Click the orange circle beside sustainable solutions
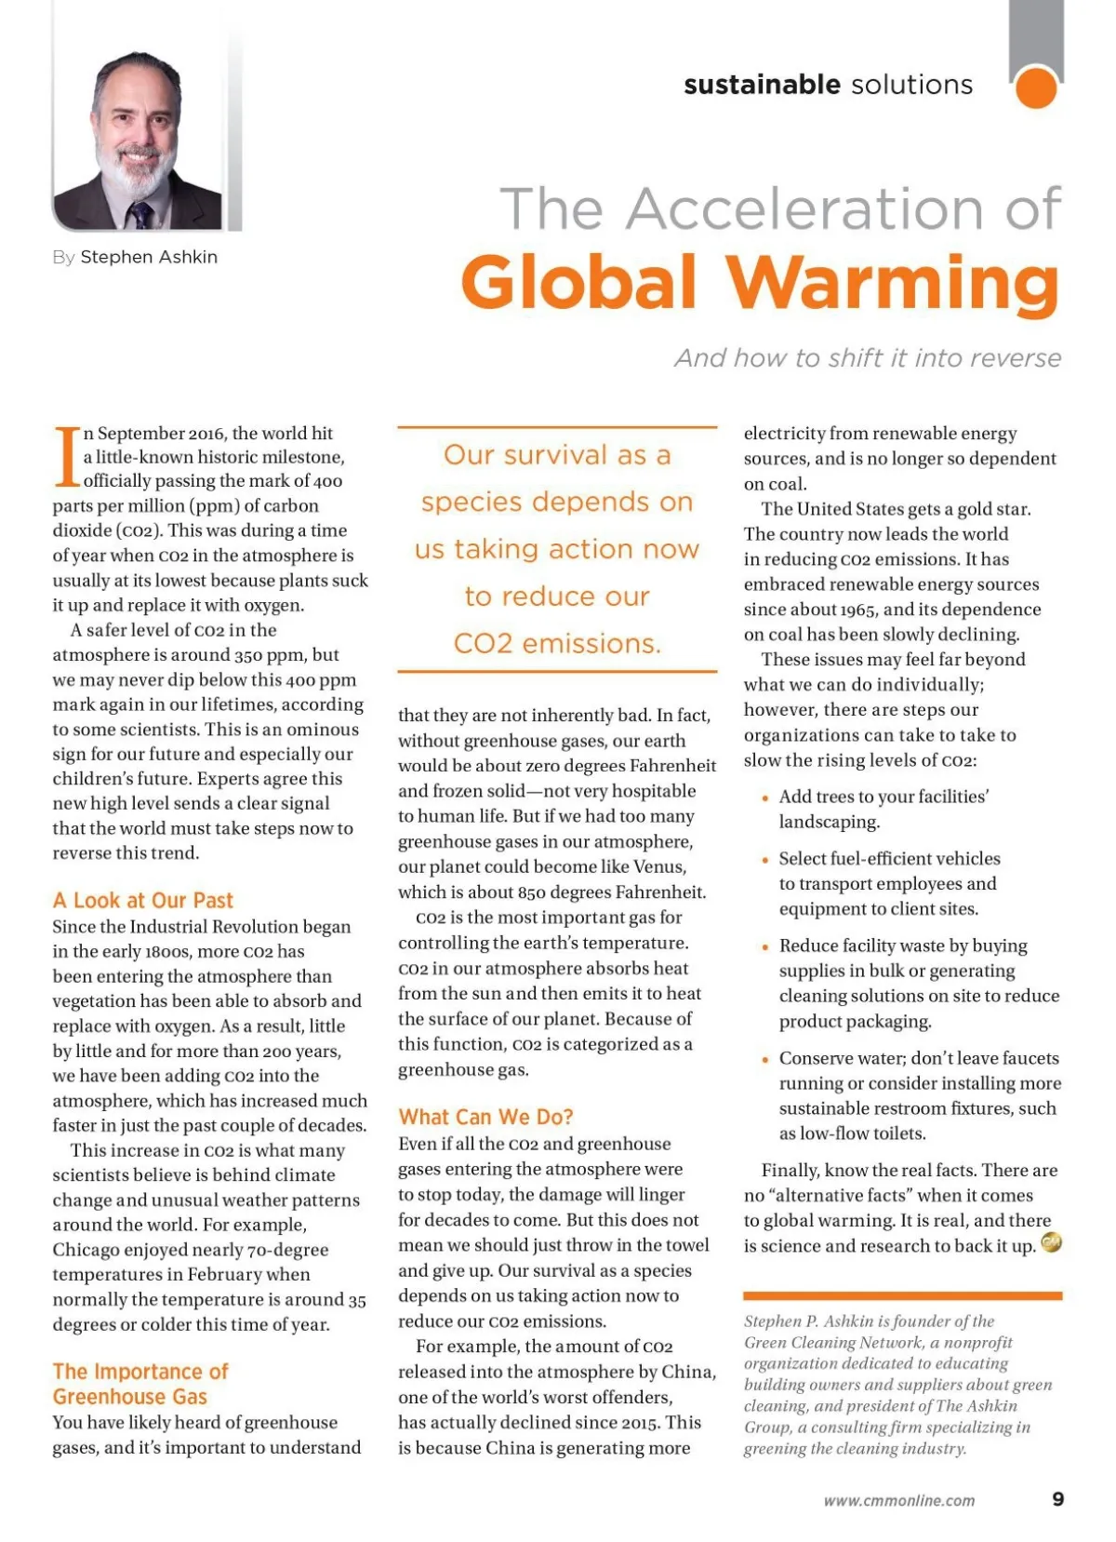(x=1036, y=88)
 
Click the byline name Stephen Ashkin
(x=149, y=257)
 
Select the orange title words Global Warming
(x=760, y=282)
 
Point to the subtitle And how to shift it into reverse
(x=868, y=358)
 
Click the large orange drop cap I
(x=67, y=457)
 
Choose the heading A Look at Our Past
(x=142, y=900)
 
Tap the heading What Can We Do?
(x=485, y=1117)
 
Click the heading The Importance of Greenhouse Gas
(x=139, y=1384)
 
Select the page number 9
(x=1057, y=1499)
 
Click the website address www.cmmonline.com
(x=899, y=1500)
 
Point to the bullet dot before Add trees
(x=764, y=798)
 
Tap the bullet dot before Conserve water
(x=764, y=1060)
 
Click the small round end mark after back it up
(x=1051, y=1243)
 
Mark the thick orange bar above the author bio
(x=902, y=1295)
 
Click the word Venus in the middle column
(x=659, y=866)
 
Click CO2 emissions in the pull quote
(x=557, y=643)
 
